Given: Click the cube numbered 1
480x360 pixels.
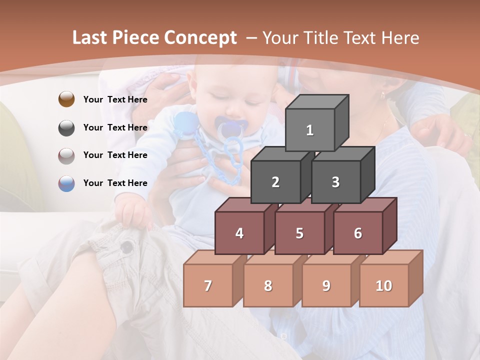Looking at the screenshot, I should coord(310,130).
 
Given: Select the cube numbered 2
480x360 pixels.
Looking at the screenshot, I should coord(275,182).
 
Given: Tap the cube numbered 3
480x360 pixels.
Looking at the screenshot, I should coord(335,182).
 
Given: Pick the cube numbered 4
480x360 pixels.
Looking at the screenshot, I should coord(239,233).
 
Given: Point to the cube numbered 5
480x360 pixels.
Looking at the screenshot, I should coord(299,233).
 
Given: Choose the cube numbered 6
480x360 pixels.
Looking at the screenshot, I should coord(358,233).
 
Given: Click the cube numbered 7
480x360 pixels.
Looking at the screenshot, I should coord(208,285).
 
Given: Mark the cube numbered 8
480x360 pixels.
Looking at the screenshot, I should coord(268,285).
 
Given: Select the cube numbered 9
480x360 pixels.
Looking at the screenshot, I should coord(326,285).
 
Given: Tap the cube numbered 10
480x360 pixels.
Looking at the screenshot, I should coord(383,285).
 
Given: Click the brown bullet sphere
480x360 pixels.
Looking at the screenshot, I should coord(66,99).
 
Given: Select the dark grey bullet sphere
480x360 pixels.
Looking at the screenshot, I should coord(66,127).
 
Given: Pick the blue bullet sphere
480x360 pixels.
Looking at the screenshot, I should coord(66,183).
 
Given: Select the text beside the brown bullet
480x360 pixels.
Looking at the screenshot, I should coord(115,99).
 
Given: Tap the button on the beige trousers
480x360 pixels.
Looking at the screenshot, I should coord(127,246).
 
